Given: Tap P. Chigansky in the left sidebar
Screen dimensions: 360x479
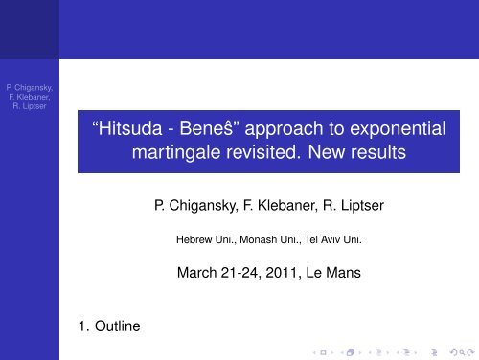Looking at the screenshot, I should click(x=26, y=84).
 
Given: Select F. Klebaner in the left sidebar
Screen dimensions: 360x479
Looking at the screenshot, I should click(x=27, y=96).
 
